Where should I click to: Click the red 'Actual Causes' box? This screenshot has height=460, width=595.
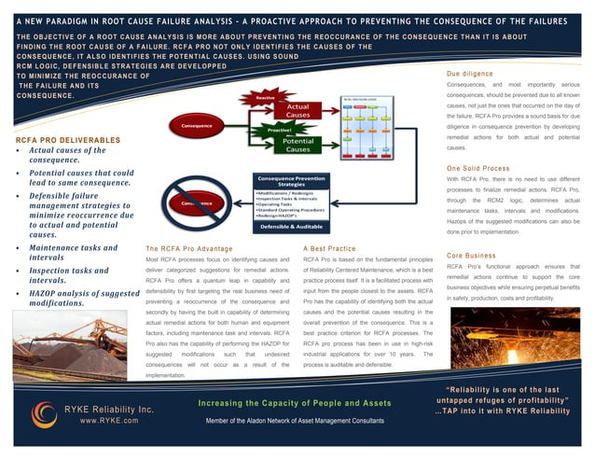(297, 111)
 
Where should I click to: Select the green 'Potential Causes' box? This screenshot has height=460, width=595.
(297, 145)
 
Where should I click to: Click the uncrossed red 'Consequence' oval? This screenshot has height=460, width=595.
(196, 125)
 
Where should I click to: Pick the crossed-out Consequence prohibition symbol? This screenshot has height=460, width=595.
(198, 202)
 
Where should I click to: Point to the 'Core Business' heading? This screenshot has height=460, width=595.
(472, 255)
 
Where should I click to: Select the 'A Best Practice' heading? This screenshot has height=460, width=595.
(330, 248)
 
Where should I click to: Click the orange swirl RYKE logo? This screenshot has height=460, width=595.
(43, 414)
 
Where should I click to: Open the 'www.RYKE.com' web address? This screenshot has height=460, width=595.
(109, 422)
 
